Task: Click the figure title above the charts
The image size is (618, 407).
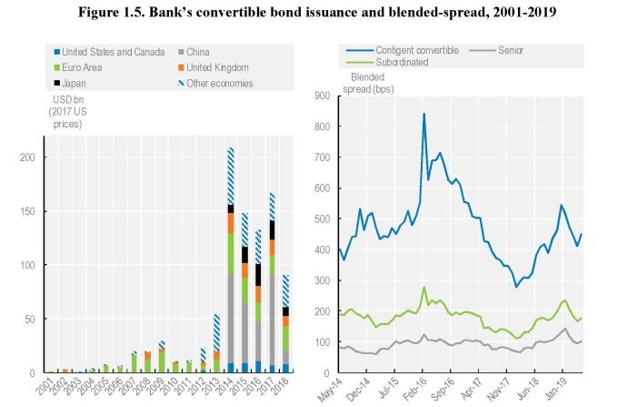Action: (x=309, y=11)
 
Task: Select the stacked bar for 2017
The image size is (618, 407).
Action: (x=271, y=282)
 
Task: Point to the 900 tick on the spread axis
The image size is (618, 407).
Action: (x=323, y=94)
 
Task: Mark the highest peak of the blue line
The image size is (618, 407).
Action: (x=424, y=114)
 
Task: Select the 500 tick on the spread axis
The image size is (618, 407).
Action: (x=323, y=219)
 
